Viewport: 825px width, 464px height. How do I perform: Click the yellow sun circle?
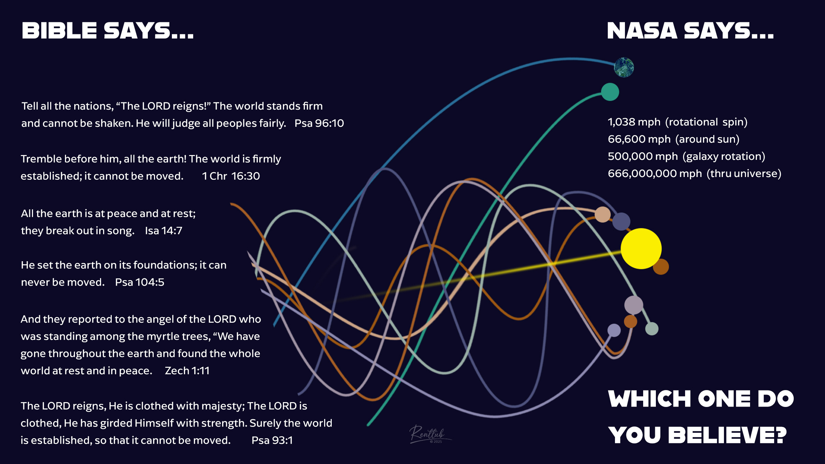point(641,248)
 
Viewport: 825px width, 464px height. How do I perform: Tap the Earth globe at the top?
point(624,67)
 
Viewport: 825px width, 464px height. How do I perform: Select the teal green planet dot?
point(610,92)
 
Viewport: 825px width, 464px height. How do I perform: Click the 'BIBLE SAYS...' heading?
point(108,31)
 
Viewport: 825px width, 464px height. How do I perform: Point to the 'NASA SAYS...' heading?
point(690,31)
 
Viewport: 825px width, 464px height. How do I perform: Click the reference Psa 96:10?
point(319,123)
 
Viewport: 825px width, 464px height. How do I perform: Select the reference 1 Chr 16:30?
point(231,176)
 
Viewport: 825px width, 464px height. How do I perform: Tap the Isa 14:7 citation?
point(163,231)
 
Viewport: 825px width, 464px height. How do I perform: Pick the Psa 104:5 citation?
point(140,282)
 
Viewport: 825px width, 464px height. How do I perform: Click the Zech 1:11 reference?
point(187,371)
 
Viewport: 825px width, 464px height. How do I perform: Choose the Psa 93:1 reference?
point(272,440)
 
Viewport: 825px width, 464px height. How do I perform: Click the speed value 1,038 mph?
point(634,122)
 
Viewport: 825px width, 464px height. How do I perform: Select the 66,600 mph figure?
point(639,139)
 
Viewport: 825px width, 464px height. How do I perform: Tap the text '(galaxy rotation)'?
point(724,157)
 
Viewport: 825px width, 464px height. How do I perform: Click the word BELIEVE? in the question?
point(727,435)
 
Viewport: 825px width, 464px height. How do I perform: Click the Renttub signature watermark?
point(429,434)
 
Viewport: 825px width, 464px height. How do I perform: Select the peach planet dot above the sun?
point(603,214)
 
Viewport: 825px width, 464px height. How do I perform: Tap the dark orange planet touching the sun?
point(661,266)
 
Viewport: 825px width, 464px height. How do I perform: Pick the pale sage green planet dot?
point(652,329)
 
